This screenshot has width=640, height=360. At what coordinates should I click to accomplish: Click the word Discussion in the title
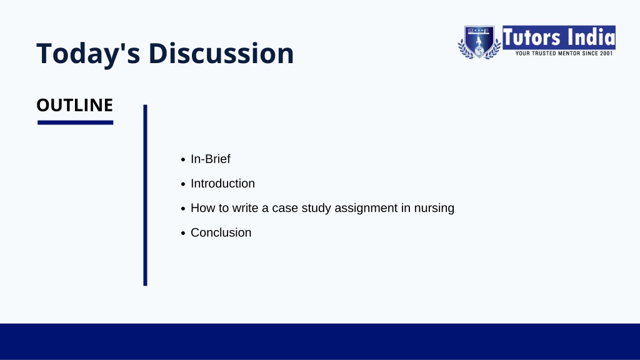[x=221, y=53]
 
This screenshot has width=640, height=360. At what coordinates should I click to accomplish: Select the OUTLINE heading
[x=75, y=105]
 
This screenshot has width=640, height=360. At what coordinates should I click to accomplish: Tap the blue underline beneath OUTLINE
[x=75, y=122]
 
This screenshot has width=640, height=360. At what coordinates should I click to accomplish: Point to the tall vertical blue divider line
[x=145, y=195]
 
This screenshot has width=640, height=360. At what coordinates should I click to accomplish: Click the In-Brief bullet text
[x=210, y=159]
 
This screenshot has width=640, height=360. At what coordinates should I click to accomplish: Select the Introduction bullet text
[x=222, y=183]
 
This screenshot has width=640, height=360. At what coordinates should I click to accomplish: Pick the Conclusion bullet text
[x=221, y=232]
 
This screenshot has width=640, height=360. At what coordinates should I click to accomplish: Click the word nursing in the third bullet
[x=434, y=209]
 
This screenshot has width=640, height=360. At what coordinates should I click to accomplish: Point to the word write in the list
[x=245, y=207]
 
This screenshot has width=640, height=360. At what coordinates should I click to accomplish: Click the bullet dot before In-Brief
[x=183, y=160]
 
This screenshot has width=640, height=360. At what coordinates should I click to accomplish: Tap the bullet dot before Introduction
[x=183, y=184]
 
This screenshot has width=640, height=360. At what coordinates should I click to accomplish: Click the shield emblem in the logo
[x=479, y=42]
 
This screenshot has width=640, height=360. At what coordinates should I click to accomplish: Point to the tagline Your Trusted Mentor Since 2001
[x=564, y=53]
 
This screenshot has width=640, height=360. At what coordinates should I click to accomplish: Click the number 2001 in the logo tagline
[x=606, y=53]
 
